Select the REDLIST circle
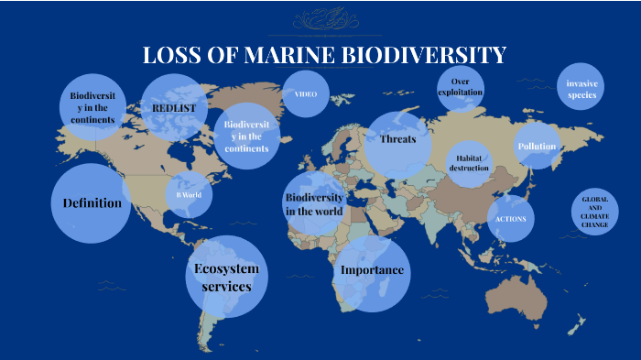coord(174,108)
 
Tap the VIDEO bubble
coord(305,94)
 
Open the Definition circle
coord(92,203)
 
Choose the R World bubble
coord(188,195)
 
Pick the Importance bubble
coord(372,272)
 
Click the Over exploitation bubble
coord(461,88)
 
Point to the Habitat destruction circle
coord(469,162)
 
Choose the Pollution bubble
coord(537,147)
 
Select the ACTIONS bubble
coord(511,219)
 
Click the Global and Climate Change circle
coord(594,212)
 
